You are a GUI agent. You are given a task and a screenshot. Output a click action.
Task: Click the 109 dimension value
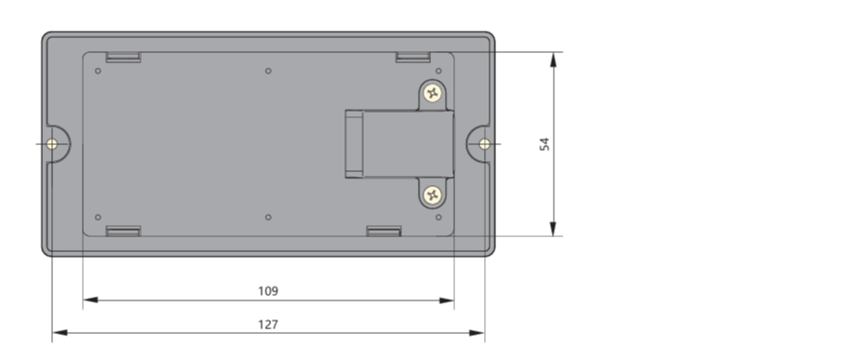268,291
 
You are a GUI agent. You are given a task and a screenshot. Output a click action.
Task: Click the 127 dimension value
268,325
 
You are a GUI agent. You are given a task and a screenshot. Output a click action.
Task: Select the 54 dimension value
544,144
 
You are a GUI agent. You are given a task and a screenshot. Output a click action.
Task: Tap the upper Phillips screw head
433,93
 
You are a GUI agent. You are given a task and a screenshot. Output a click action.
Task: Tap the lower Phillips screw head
433,194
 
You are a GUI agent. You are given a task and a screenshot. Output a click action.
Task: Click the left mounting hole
52,144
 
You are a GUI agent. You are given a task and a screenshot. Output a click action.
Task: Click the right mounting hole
484,144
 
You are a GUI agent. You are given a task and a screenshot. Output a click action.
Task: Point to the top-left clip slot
124,58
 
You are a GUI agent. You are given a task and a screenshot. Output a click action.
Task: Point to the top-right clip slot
413,58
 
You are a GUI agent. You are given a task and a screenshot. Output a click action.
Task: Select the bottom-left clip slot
124,231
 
